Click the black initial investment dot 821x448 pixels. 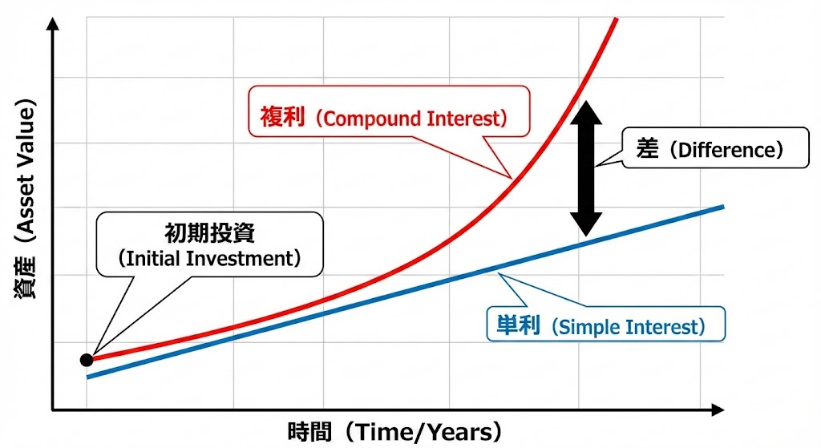tap(87, 360)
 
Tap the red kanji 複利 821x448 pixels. tap(282, 117)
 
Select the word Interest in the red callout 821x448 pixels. tap(463, 119)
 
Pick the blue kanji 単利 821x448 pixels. tap(518, 325)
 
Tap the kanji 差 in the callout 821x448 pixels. tap(647, 148)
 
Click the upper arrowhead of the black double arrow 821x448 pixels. tap(586, 112)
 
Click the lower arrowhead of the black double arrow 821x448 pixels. tap(586, 224)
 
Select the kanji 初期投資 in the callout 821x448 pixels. tap(209, 233)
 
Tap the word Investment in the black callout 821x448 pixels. tap(241, 259)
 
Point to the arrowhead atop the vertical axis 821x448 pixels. tap(52, 23)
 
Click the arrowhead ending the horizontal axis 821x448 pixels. tap(718, 410)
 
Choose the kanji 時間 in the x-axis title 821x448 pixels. tap(309, 432)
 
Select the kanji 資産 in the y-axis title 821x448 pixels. tap(25, 278)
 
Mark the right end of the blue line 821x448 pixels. tap(724, 208)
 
